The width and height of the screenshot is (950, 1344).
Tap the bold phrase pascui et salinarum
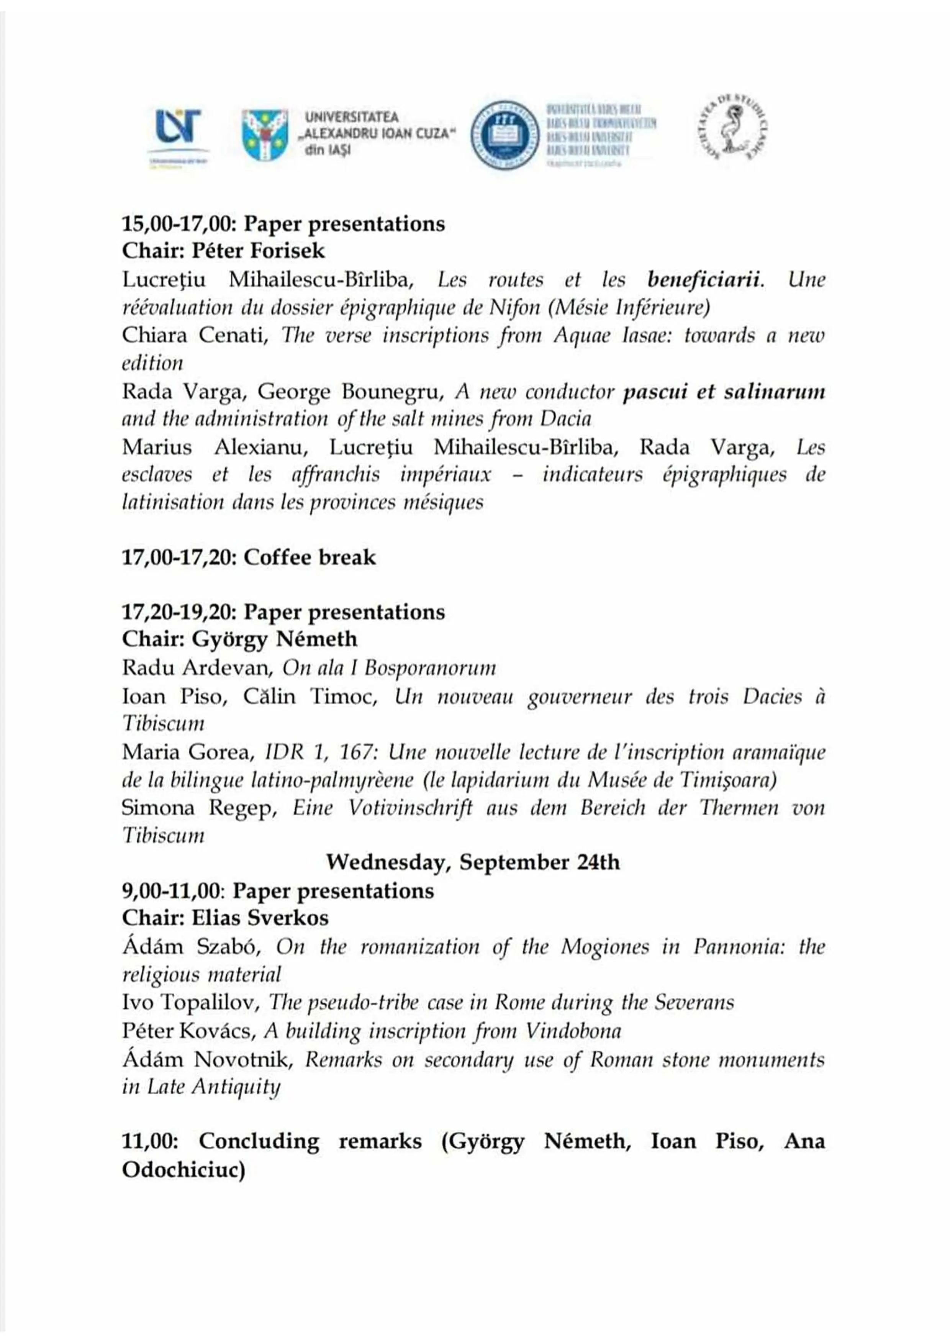(x=724, y=391)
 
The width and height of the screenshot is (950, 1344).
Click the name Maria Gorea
(x=188, y=752)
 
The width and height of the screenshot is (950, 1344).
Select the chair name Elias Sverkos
(x=260, y=918)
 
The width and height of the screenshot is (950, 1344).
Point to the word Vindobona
(x=573, y=1031)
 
